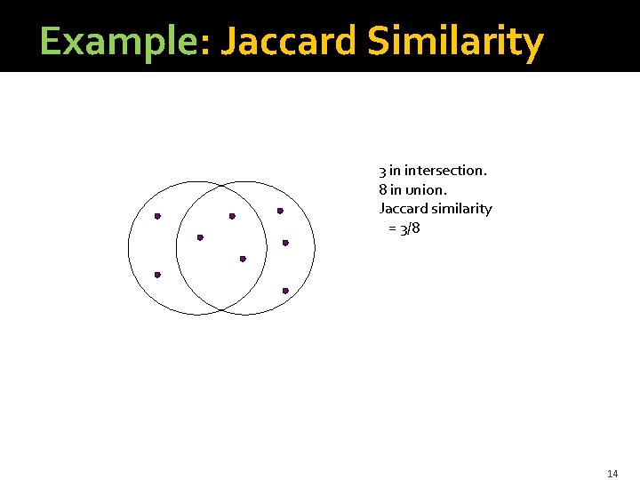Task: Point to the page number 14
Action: [x=612, y=473]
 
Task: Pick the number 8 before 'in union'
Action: [x=382, y=189]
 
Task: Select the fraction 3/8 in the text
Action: [x=410, y=228]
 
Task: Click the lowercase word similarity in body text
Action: [x=462, y=209]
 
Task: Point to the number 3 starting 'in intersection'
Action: [x=382, y=170]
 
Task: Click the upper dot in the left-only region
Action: [x=157, y=216]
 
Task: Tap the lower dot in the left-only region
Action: [x=157, y=275]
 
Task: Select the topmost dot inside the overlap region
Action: [x=232, y=216]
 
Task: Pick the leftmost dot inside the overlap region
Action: [x=200, y=237]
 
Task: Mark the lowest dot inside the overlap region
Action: [x=243, y=259]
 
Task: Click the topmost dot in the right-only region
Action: [x=280, y=211]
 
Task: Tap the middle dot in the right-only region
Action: [x=285, y=243]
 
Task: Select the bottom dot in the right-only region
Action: [x=285, y=291]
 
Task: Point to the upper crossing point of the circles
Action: [x=221, y=184]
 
